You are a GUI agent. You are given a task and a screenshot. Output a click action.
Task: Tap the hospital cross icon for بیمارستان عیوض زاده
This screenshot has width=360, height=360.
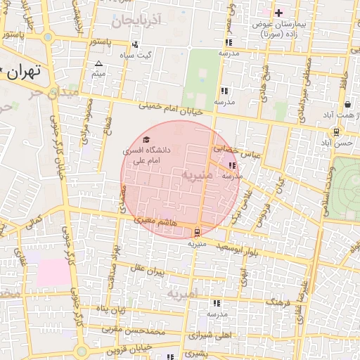click(x=279, y=13)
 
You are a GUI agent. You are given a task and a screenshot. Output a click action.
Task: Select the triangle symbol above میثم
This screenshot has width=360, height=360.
click(x=98, y=64)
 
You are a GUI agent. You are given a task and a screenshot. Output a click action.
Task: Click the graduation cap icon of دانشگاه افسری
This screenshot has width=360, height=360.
click(x=146, y=140)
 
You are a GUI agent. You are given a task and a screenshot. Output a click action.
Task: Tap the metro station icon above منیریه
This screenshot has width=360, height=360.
click(x=198, y=230)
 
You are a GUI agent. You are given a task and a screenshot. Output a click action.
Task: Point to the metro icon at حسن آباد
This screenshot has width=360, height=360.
click(x=337, y=131)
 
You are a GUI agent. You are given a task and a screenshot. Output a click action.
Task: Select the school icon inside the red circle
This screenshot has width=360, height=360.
click(x=232, y=166)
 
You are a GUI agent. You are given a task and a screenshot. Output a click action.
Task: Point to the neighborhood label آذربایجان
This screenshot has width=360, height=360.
click(x=141, y=20)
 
